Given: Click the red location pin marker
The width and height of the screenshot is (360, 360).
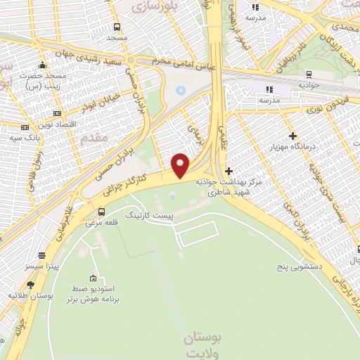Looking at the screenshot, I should (x=181, y=165).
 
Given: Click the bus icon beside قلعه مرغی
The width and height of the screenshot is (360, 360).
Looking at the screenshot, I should (x=102, y=212).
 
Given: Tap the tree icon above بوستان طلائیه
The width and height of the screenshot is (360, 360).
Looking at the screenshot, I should (x=30, y=285).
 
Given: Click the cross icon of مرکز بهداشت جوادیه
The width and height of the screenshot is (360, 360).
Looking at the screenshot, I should (x=228, y=171).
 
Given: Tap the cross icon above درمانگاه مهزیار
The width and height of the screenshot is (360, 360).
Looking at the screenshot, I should (x=292, y=135).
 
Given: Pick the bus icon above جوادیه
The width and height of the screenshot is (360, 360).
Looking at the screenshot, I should (x=309, y=74).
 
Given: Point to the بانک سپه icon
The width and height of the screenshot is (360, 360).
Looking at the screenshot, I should (x=25, y=127).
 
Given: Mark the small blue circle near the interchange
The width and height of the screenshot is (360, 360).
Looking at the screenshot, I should (x=179, y=90).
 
